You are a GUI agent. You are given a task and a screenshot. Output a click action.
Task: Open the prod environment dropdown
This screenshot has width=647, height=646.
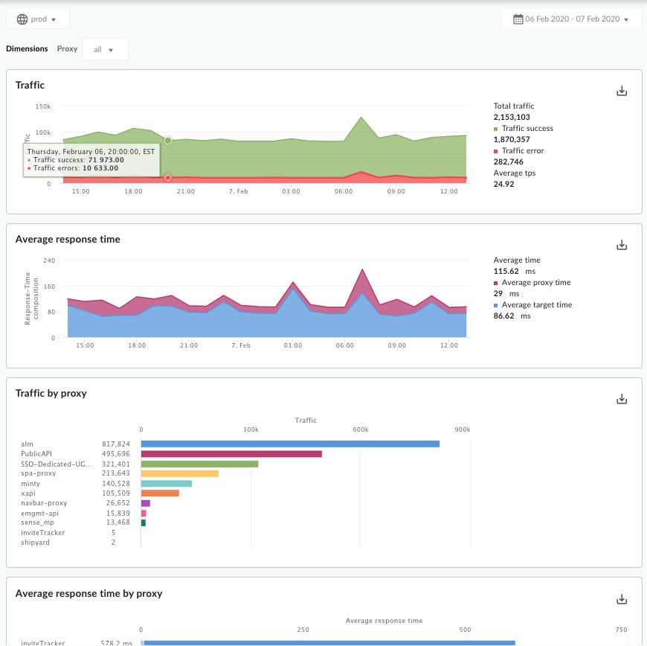tap(37, 19)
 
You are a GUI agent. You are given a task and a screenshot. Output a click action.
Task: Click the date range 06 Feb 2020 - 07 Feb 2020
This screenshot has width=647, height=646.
tap(571, 19)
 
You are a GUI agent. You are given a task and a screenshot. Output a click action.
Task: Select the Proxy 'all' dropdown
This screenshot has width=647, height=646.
tap(105, 50)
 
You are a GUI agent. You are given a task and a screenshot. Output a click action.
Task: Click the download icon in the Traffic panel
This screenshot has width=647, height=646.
tap(622, 91)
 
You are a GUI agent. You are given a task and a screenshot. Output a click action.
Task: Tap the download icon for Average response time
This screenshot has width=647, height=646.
tap(622, 245)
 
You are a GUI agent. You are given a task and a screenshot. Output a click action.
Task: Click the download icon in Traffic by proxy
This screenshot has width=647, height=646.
tap(622, 399)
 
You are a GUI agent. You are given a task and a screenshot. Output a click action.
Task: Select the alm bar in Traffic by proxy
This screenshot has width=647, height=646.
tap(290, 444)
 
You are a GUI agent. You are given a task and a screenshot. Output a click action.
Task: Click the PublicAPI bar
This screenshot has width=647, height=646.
tap(231, 454)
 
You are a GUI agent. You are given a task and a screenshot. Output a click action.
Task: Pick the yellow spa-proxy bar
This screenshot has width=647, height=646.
tap(179, 473)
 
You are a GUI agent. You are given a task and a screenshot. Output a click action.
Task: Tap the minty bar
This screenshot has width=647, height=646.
tap(166, 484)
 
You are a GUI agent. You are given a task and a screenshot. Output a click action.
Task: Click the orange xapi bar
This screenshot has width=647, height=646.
tap(160, 493)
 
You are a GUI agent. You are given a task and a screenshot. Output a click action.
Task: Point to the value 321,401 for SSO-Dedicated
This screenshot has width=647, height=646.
tap(116, 464)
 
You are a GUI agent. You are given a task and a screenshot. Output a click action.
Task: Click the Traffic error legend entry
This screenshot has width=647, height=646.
tap(523, 151)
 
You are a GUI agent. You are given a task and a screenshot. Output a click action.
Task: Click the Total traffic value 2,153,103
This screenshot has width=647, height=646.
tap(512, 117)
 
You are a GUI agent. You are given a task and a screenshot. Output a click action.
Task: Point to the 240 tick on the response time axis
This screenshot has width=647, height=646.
tap(50, 260)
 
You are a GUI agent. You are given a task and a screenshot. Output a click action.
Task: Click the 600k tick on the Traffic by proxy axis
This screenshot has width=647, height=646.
tap(361, 430)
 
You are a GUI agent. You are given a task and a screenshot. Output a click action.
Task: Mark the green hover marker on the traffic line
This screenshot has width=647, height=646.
tap(168, 140)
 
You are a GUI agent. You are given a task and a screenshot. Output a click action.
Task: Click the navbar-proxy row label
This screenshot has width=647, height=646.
tap(44, 503)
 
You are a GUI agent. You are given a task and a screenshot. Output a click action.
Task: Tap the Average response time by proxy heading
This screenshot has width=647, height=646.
tap(88, 594)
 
